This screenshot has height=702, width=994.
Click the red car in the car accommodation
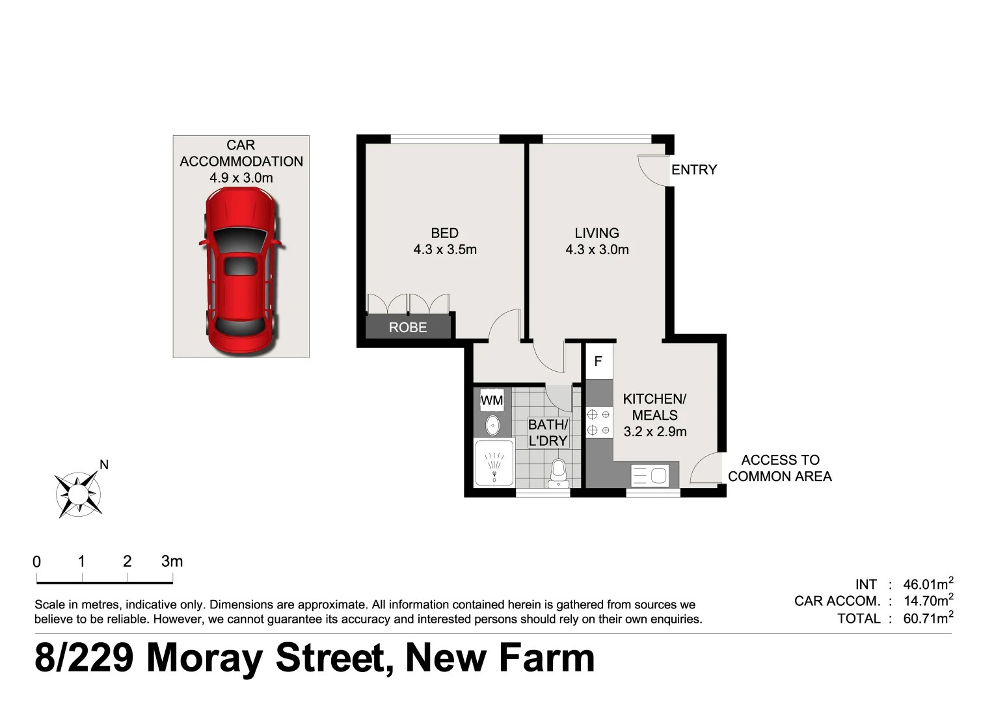pos(240,270)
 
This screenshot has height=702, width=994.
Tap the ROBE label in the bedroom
pos(408,328)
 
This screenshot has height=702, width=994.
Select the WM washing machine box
pos(492,400)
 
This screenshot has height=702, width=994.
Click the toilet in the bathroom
pos(558,474)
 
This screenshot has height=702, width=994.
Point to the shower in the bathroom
pos(494,463)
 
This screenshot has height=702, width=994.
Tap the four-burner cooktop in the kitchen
pos(599,422)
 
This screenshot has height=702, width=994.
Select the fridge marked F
pos(598,361)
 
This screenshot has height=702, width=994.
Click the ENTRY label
pos(694,170)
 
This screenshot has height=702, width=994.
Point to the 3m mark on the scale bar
pos(172,562)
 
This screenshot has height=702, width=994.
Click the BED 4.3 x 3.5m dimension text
pos(445,250)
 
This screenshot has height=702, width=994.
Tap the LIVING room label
pos(597,233)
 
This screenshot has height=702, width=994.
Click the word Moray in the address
pos(206,658)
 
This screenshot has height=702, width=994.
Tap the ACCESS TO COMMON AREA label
pos(780,468)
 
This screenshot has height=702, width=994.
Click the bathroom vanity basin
pos(492,425)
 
